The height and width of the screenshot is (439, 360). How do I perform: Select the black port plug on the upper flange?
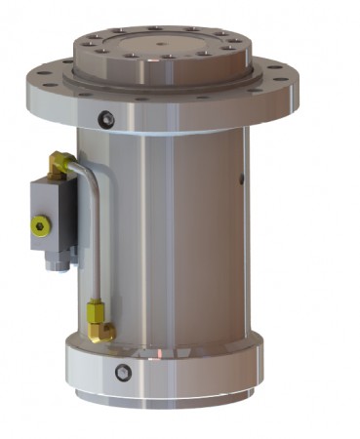(106, 119)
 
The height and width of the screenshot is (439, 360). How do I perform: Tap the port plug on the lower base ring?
(122, 372)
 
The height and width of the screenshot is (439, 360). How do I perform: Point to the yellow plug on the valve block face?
(39, 228)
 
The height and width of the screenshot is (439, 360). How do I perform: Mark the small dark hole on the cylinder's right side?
(242, 179)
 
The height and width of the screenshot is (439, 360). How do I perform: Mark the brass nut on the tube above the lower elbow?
(95, 310)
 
